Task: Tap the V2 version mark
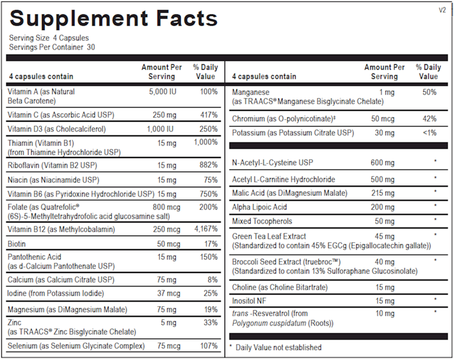point(442,10)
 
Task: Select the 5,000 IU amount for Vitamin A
point(163,92)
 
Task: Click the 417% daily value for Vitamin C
point(209,115)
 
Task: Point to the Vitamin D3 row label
point(57,129)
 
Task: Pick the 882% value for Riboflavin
point(209,165)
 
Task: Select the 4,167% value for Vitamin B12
point(207,229)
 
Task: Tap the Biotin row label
point(17,244)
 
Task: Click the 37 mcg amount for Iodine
point(167,293)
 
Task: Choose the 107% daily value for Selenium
point(209,346)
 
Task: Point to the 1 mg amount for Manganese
point(387,92)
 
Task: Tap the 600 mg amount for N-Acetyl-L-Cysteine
point(383,163)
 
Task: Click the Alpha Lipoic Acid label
point(260,207)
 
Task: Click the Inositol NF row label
point(249,301)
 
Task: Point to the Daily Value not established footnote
point(278,347)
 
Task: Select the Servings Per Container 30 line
point(52,47)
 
